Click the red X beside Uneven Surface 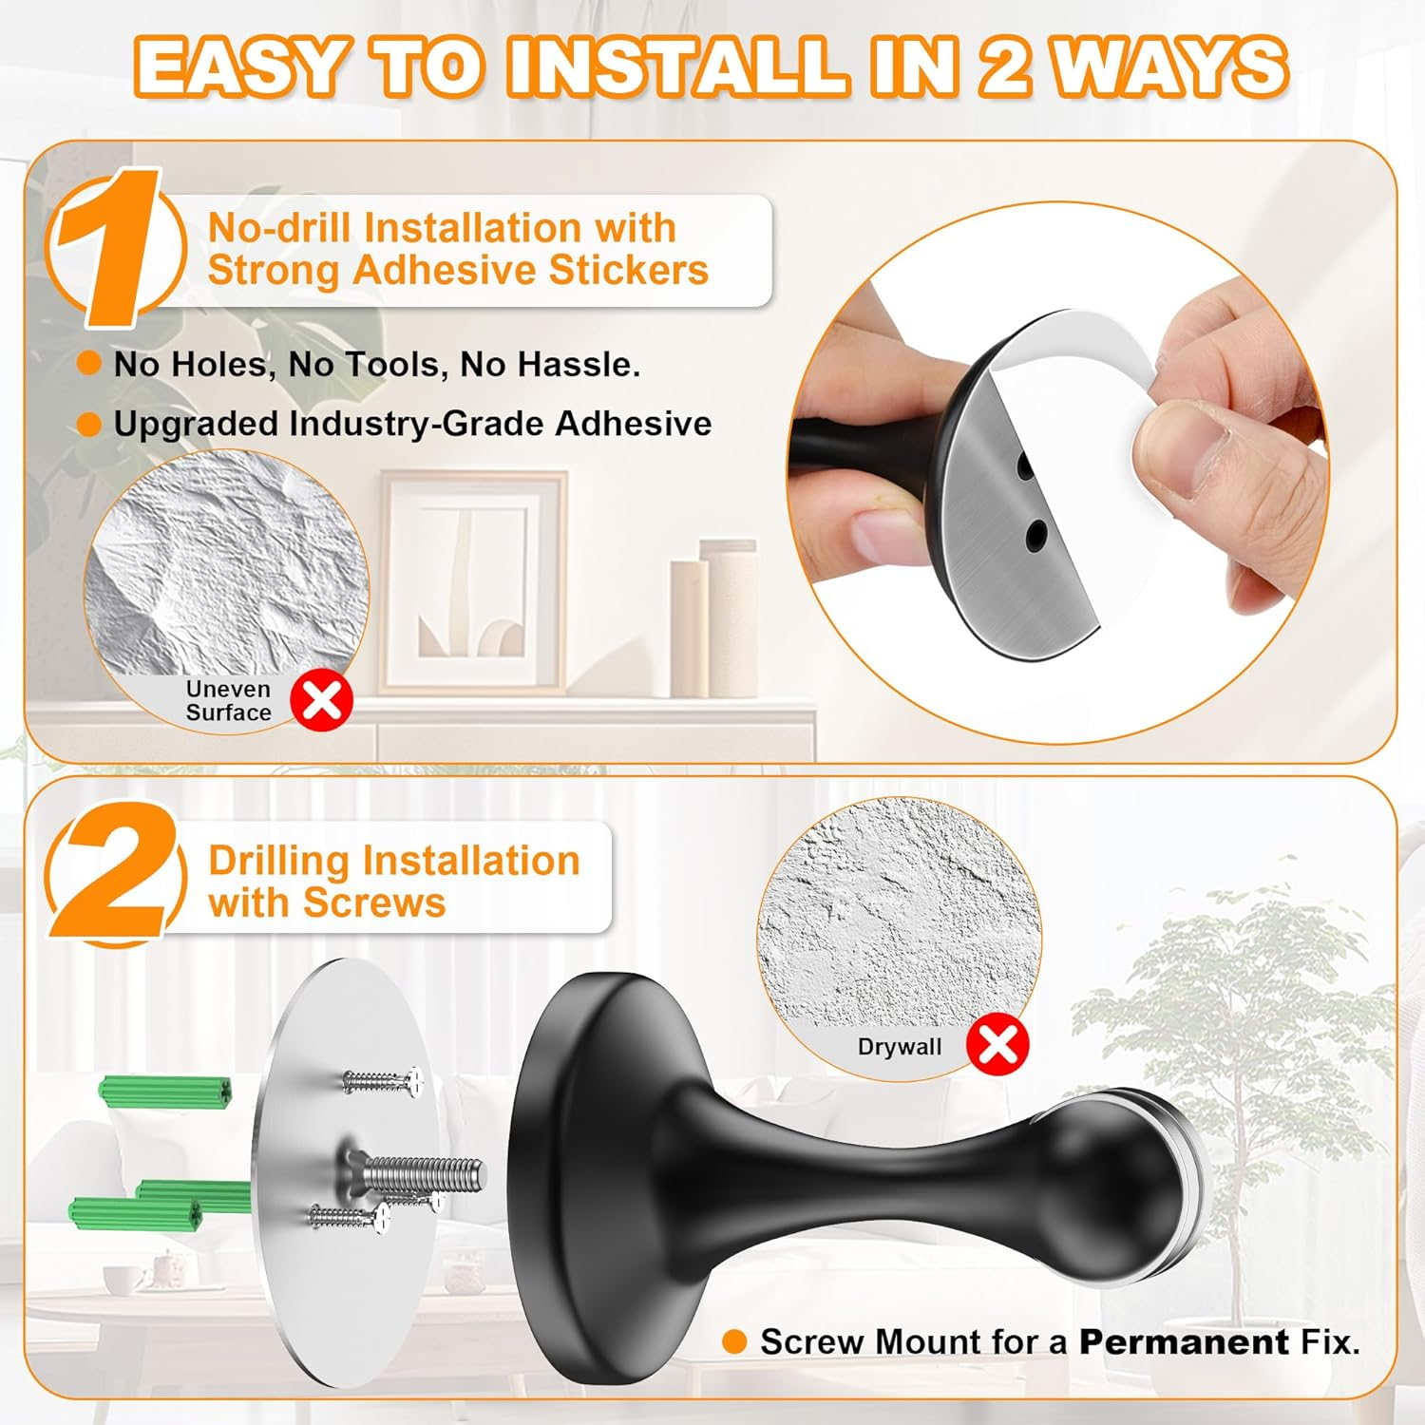321,701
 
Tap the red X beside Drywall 997,1045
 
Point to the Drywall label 899,1047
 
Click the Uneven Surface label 228,701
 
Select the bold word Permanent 1183,1341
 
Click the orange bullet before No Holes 89,364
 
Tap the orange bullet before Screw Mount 734,1341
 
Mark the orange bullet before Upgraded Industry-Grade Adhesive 89,424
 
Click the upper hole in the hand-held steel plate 1025,467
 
